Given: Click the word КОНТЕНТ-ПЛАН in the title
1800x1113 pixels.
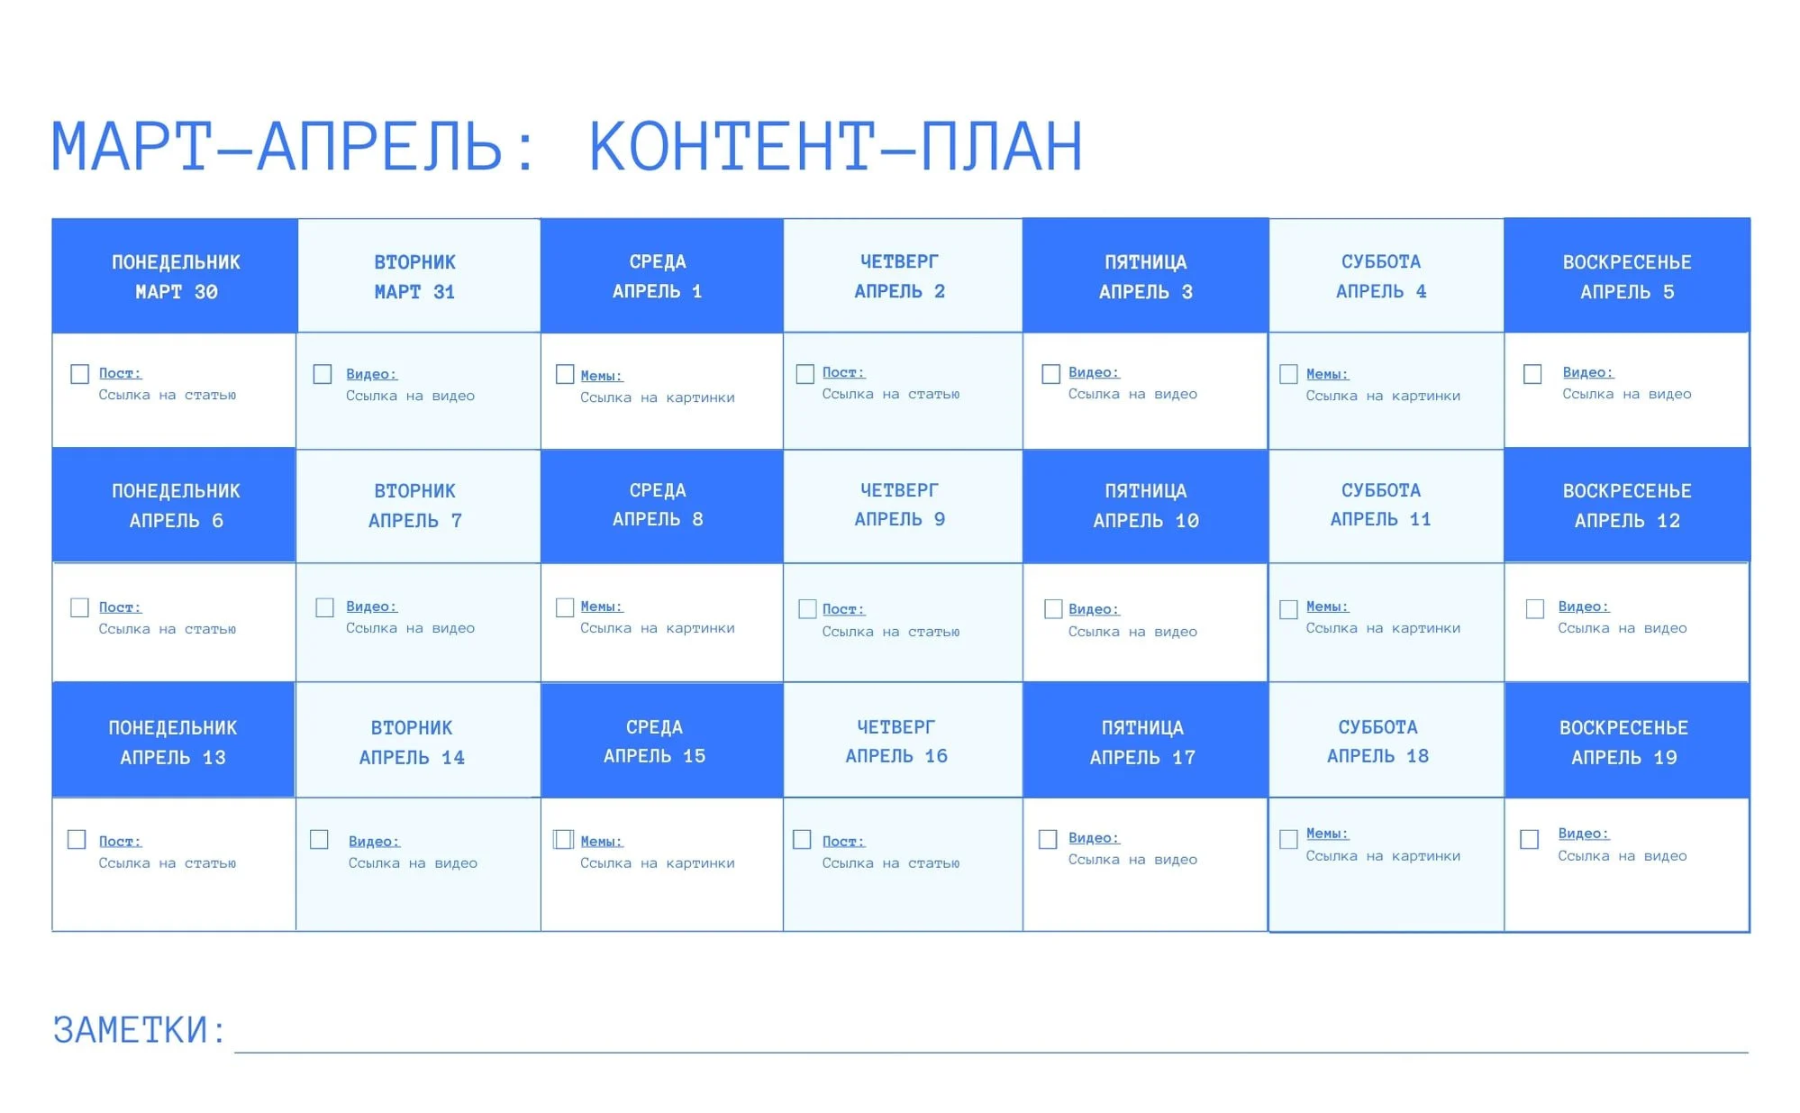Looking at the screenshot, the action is point(835,146).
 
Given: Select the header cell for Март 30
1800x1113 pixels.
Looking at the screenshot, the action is point(175,276).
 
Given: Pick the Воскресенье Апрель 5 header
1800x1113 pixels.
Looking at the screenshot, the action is point(1627,276).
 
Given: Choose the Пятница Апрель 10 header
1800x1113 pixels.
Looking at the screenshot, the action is point(1146,506).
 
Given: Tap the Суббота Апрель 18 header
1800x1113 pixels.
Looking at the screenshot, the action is point(1386,741).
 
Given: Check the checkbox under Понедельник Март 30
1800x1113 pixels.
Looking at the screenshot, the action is point(79,374).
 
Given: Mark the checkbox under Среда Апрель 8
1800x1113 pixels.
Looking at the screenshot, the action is point(565,607).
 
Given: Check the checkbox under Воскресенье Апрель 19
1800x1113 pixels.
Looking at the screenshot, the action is point(1529,839).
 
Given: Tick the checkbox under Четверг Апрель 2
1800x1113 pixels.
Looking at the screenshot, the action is point(805,373).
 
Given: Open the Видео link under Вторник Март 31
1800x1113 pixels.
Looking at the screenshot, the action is point(371,374).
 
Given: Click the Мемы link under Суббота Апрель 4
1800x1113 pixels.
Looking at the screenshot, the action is point(1327,374).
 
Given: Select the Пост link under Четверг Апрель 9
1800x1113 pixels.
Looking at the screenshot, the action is point(843,609).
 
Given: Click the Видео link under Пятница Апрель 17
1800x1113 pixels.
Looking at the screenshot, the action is point(1094,838).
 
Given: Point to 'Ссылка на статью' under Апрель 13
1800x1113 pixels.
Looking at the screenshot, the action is point(168,863).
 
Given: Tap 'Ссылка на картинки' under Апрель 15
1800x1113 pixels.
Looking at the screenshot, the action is point(658,863).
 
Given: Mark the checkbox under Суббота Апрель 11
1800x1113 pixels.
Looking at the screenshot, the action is point(1288,609).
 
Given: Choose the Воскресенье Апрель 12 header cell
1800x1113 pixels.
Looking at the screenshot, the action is point(1627,506).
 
